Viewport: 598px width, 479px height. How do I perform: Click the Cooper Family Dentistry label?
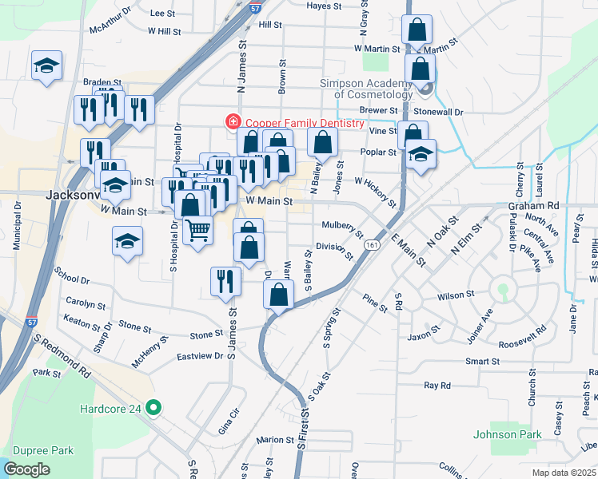click(x=305, y=123)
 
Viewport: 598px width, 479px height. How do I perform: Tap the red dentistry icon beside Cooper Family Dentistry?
click(x=233, y=122)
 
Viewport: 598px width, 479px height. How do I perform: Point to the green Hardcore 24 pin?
click(x=155, y=409)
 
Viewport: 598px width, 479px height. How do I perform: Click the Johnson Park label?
click(x=507, y=434)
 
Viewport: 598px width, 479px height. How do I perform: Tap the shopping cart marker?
click(x=197, y=231)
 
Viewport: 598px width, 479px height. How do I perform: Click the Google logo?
click(x=26, y=469)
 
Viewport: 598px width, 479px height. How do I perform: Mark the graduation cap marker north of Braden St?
click(x=46, y=65)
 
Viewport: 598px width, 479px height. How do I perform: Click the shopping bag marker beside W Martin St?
click(x=417, y=31)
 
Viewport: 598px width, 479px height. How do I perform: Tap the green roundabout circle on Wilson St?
click(x=502, y=290)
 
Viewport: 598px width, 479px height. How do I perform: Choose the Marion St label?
click(x=275, y=440)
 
